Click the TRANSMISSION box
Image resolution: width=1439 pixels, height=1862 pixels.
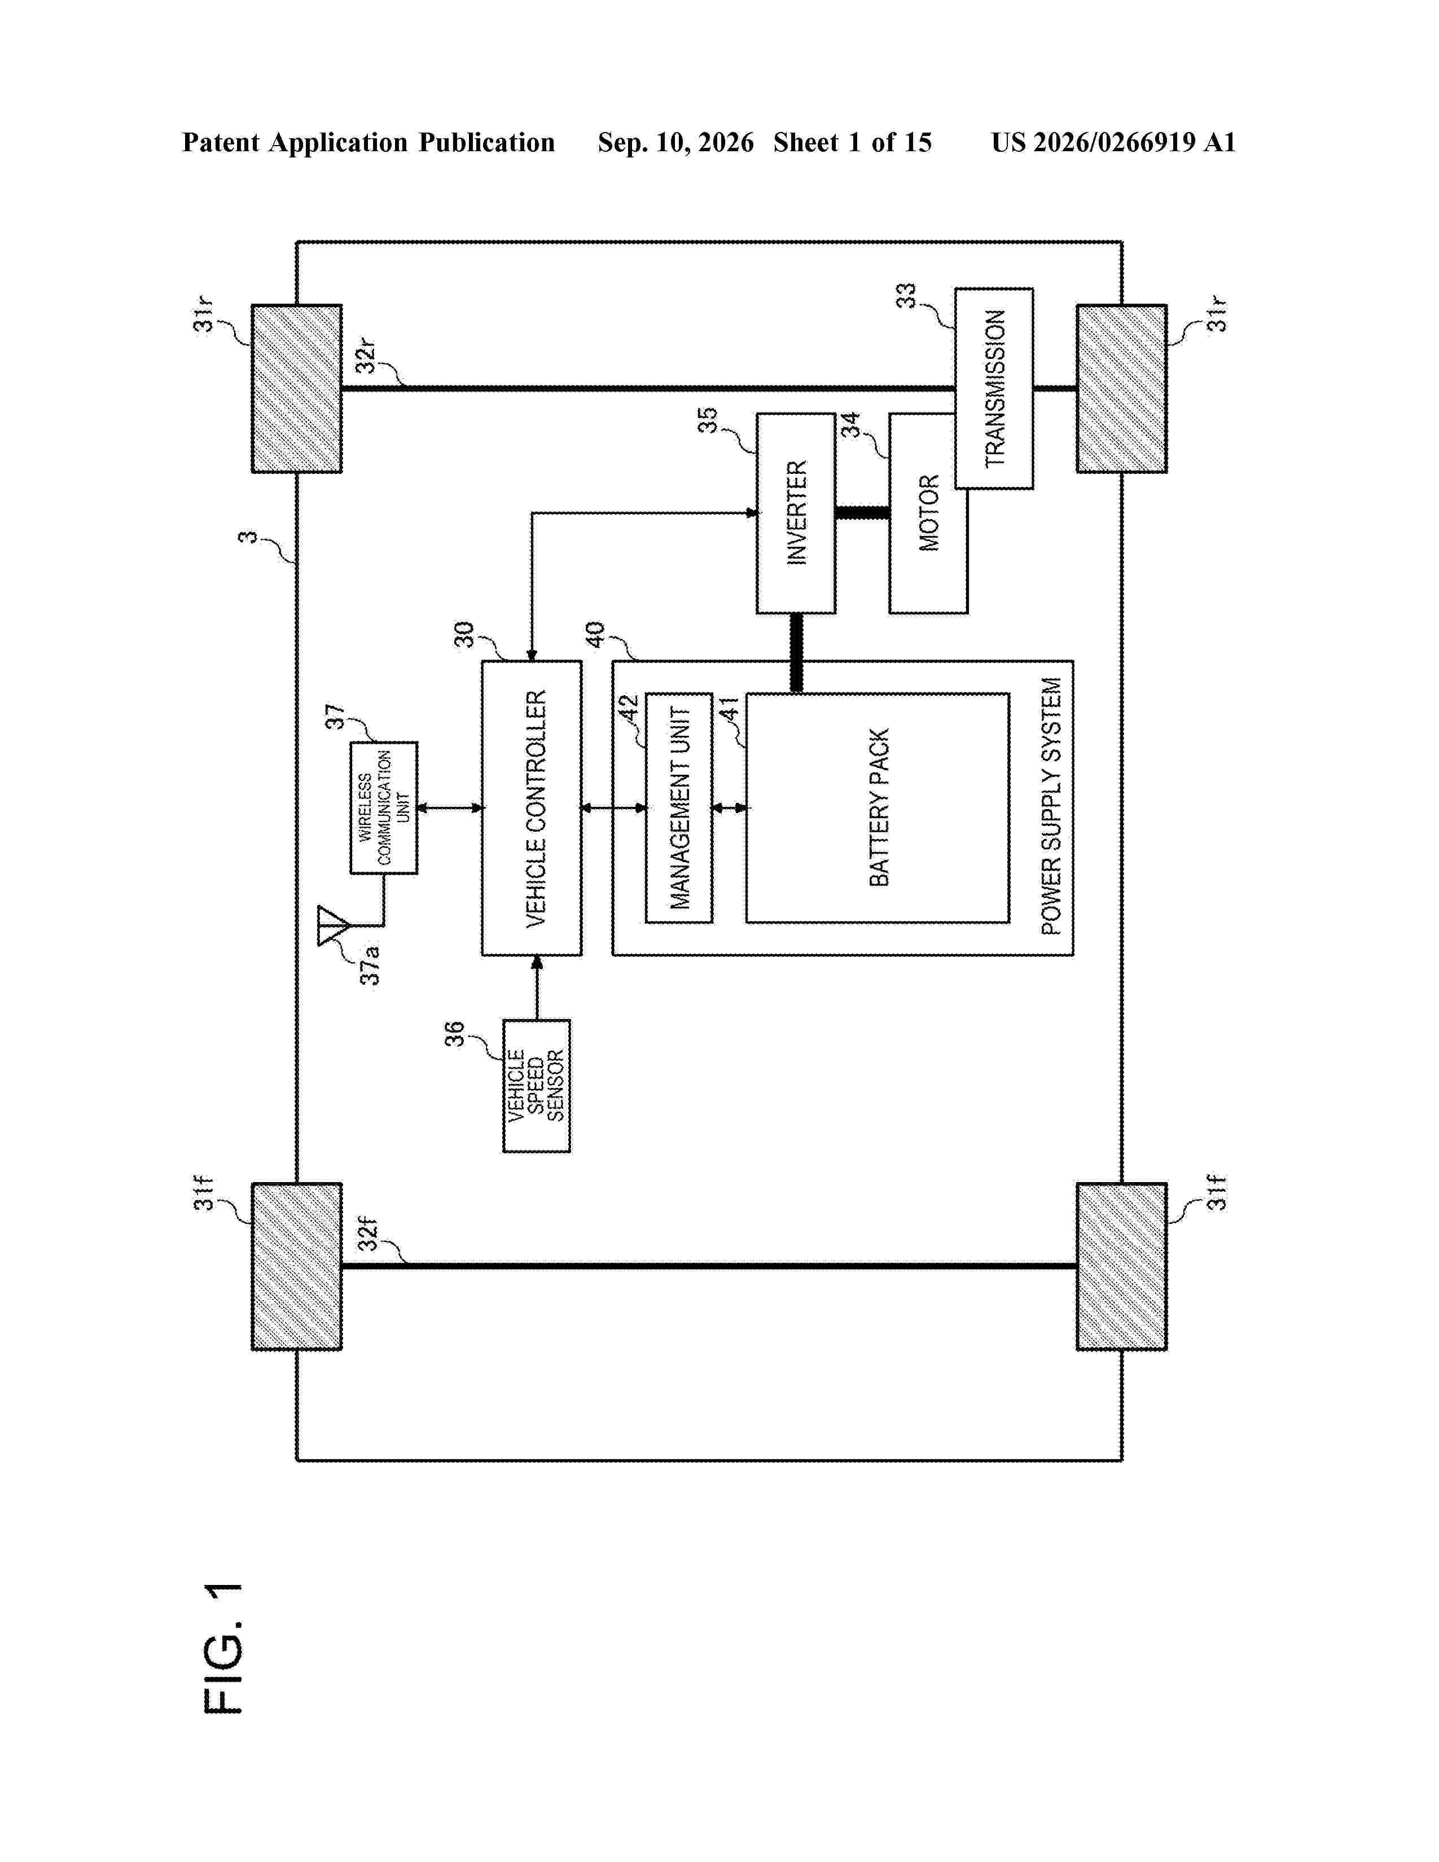click(x=994, y=389)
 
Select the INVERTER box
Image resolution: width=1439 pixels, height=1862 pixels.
click(x=795, y=513)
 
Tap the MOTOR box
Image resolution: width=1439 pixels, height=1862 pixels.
click(x=928, y=513)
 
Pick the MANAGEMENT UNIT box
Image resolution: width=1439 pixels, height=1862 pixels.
click(x=678, y=808)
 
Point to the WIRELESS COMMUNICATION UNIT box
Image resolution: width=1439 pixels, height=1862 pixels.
click(x=384, y=807)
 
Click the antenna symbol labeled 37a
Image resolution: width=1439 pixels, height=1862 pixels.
click(x=332, y=926)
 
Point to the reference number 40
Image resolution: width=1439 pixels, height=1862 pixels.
click(x=594, y=634)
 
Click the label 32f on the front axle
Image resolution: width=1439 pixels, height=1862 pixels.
click(x=367, y=1233)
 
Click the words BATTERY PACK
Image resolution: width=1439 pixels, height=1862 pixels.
click(x=879, y=807)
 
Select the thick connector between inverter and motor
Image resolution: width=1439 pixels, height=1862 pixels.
click(x=862, y=513)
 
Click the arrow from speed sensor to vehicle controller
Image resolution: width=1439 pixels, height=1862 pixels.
click(x=536, y=988)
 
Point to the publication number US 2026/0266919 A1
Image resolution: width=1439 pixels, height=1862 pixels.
click(x=1113, y=142)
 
